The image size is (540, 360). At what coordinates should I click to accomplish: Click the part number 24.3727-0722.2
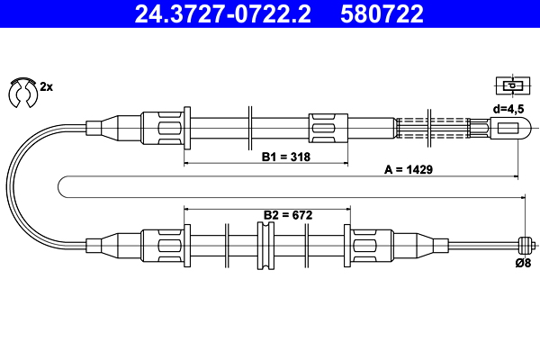222,13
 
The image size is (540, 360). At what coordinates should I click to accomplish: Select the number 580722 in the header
382,13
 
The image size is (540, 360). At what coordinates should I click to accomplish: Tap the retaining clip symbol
22,93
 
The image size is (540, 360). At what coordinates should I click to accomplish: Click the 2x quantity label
47,86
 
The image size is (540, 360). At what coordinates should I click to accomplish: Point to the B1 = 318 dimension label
286,157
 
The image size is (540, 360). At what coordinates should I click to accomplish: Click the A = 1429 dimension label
409,169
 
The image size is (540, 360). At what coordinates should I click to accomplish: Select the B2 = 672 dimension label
288,215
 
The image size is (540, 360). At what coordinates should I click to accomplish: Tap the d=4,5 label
508,109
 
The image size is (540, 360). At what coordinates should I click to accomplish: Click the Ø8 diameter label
523,263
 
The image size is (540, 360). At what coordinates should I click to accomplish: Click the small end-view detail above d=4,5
513,85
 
